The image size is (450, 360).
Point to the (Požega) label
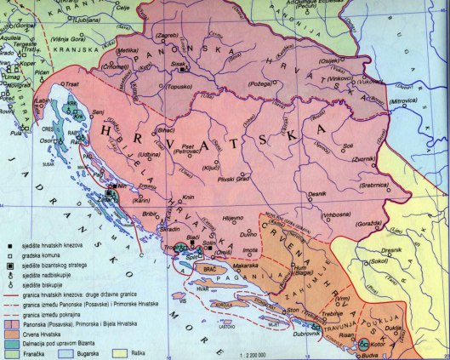tap(260, 86)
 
